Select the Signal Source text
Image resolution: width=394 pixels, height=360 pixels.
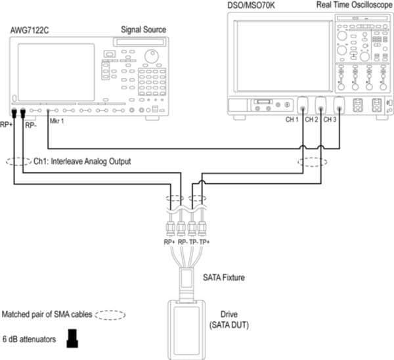[x=144, y=31]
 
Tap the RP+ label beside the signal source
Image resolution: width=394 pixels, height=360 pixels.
[x=7, y=124]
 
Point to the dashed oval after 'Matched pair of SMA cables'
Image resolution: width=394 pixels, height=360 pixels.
[x=110, y=315]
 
